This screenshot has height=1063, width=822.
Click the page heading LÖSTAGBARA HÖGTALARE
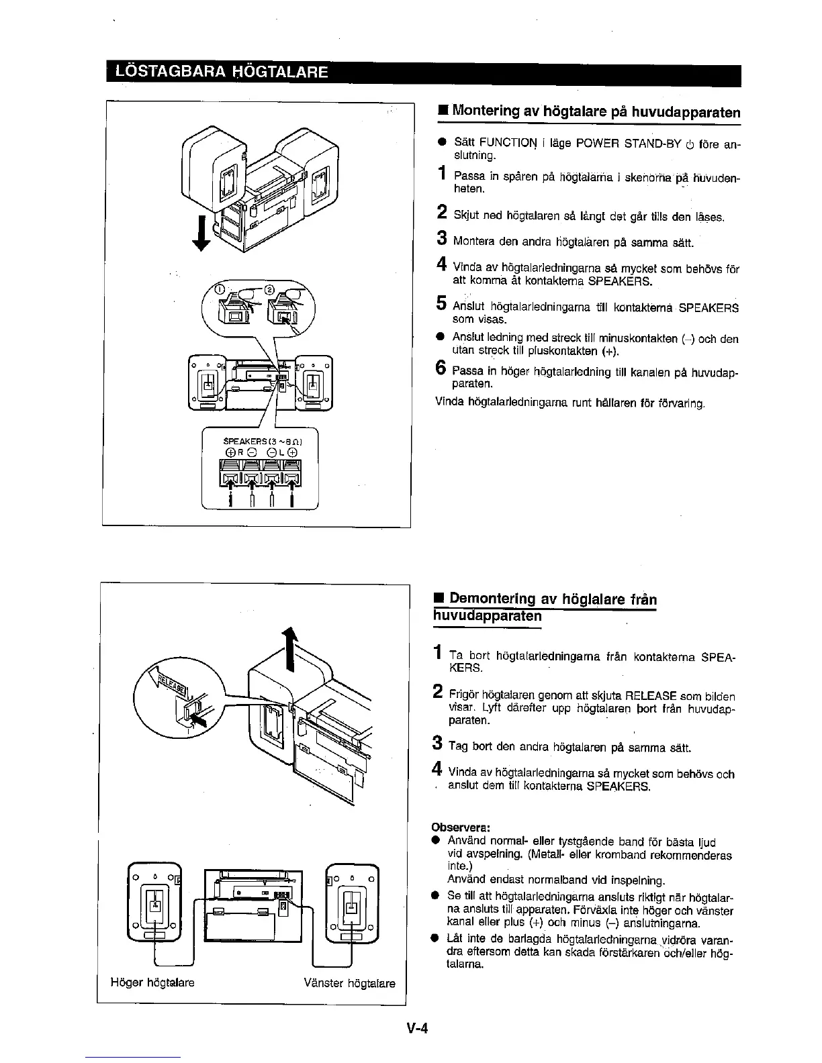(222, 72)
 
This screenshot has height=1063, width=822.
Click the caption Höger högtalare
(152, 982)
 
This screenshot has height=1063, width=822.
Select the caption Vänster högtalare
(349, 984)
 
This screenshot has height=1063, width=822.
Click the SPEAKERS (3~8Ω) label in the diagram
(261, 441)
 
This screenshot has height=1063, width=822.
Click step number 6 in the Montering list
(441, 368)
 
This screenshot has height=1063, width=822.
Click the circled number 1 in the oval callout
(217, 290)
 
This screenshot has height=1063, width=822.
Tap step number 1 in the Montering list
(441, 174)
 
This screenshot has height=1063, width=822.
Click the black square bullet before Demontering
(437, 599)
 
